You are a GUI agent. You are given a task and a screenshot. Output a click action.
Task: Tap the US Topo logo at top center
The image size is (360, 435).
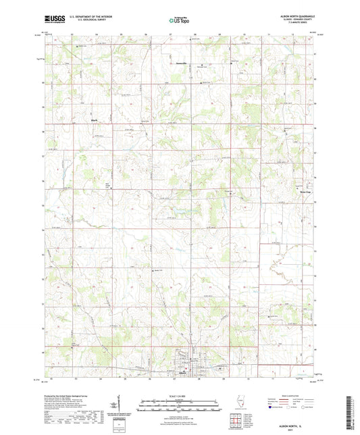pyautogui.click(x=179, y=21)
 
